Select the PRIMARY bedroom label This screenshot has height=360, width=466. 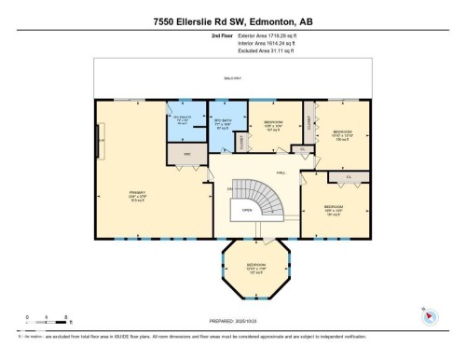(x=137, y=195)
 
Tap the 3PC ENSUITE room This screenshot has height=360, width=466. (x=183, y=120)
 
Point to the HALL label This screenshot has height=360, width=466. (x=281, y=173)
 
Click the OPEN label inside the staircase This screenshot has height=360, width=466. (x=247, y=211)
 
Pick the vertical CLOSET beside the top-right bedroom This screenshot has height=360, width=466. (x=308, y=121)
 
